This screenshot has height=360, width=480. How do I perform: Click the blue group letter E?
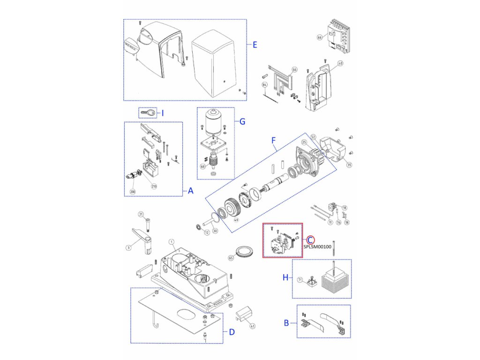pos(255,45)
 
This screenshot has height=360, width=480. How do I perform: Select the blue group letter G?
pos(242,121)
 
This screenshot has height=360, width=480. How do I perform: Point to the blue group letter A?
pos(190,191)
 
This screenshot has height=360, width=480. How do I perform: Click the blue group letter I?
pos(163,112)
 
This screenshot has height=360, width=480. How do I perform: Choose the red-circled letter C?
pos(311,239)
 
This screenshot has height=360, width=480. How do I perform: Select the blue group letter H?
pos(285,278)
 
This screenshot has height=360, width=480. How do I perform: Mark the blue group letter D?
pos(232,332)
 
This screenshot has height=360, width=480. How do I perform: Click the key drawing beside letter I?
pos(149,112)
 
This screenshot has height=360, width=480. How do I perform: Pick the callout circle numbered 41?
pos(253,326)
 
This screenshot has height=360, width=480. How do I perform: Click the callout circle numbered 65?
pos(231,258)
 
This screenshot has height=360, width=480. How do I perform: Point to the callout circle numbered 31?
pos(140,214)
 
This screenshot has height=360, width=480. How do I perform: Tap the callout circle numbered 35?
pos(349,165)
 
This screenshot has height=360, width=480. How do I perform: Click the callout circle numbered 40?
pos(340,64)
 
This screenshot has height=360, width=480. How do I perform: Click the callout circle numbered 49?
pos(236,220)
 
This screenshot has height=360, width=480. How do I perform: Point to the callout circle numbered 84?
pos(265,85)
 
